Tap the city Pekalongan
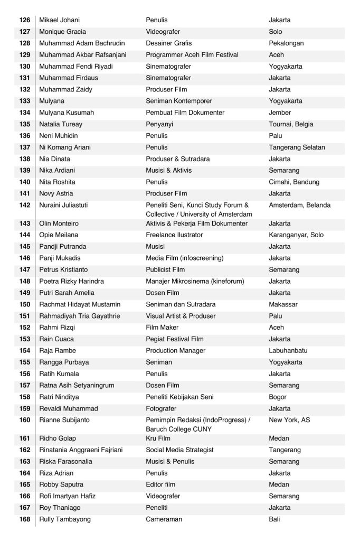[286, 43]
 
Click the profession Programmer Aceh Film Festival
[192, 55]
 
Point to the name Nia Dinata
[55, 159]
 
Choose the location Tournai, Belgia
[291, 124]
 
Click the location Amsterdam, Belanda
[299, 205]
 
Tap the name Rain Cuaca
[56, 339]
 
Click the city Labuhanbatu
[289, 351]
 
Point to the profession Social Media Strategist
[179, 450]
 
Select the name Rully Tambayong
[65, 519]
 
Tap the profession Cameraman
[164, 519]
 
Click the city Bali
[274, 519]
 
